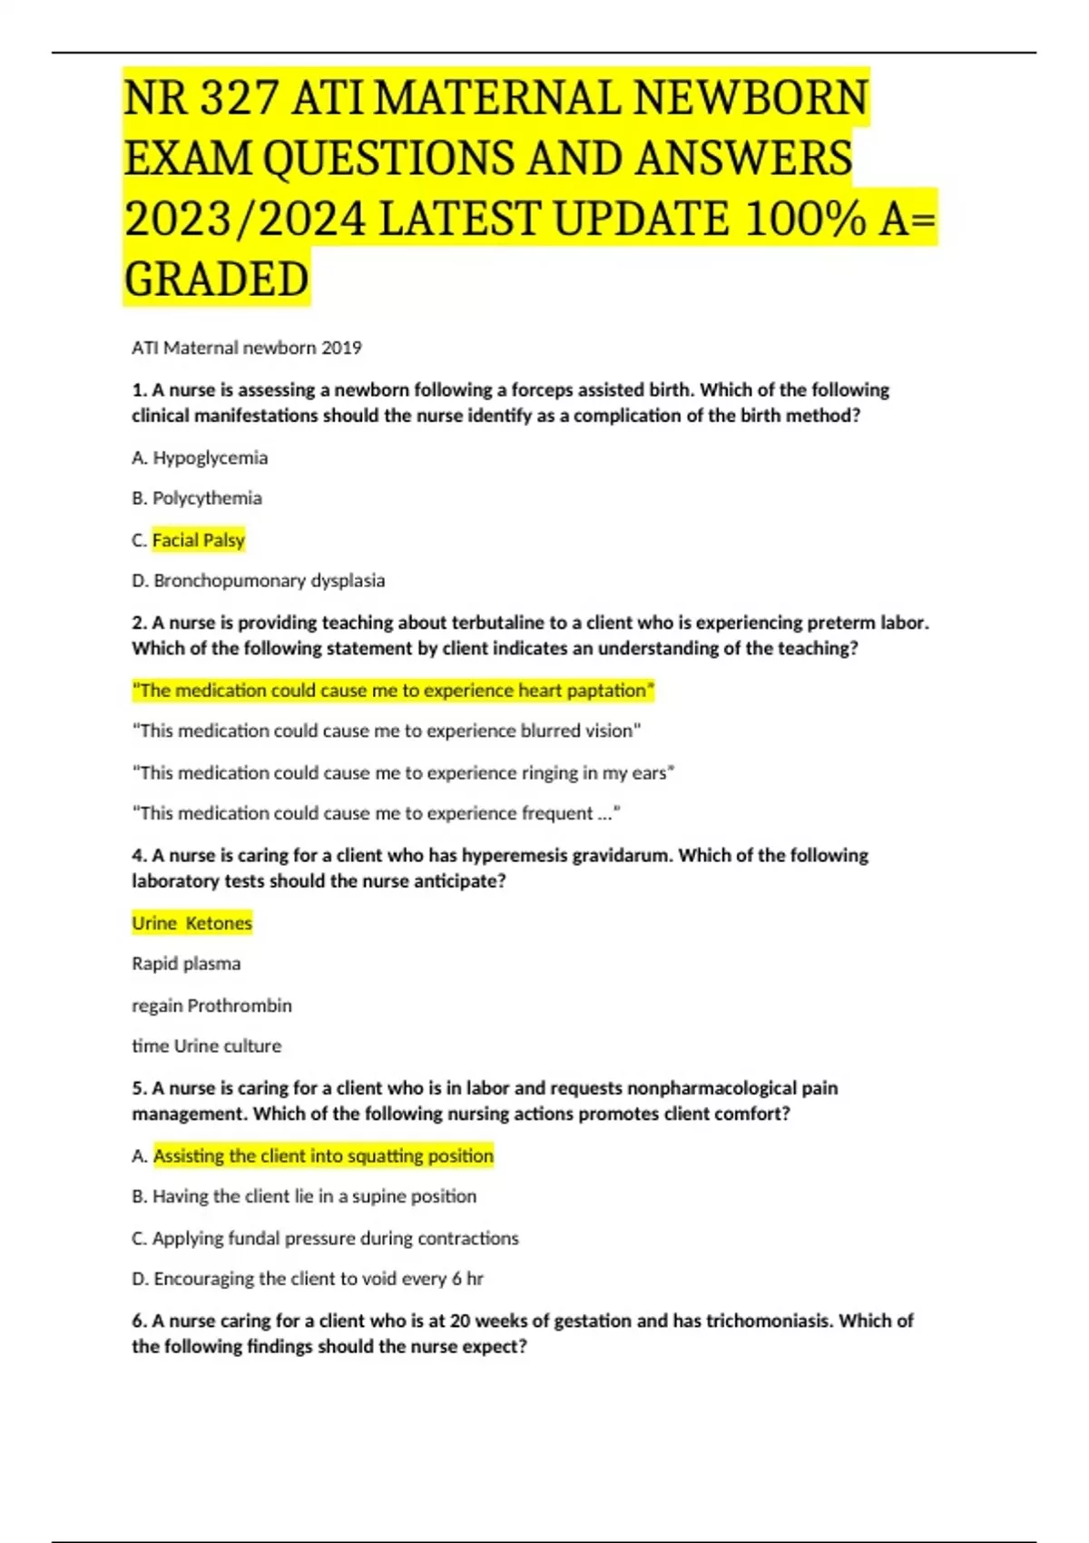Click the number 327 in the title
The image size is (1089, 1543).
(x=239, y=98)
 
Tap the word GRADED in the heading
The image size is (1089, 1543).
(x=217, y=279)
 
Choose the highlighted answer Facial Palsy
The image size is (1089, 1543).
(x=199, y=540)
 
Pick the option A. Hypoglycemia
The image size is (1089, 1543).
(x=200, y=457)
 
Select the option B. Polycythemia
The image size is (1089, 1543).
(x=197, y=498)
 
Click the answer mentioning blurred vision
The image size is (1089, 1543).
(x=387, y=731)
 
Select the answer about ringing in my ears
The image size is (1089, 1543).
(x=403, y=772)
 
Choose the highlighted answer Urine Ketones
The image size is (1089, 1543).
(x=192, y=923)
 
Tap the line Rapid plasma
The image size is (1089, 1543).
(x=186, y=964)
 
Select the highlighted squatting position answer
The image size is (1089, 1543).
(x=324, y=1155)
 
